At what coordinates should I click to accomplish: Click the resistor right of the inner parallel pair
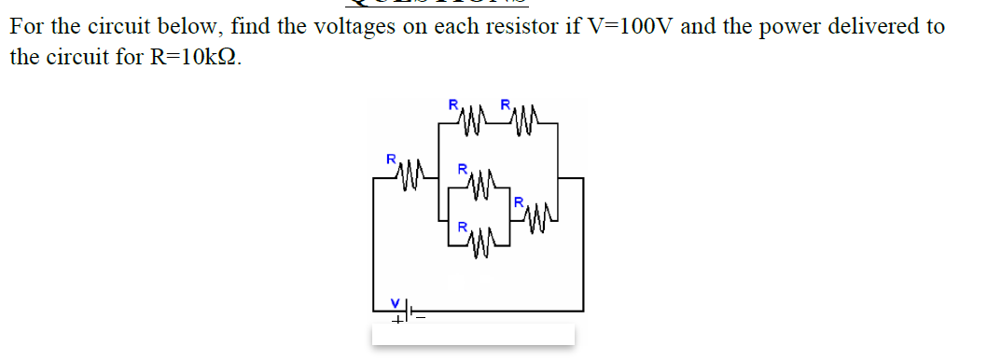pos(538,217)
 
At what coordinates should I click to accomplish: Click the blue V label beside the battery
pos(395,302)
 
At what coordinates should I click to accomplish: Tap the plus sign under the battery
pos(396,321)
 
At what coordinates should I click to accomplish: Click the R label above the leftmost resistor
pos(391,159)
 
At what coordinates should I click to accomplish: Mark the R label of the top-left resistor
pos(453,104)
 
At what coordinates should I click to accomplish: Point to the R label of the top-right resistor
pos(505,104)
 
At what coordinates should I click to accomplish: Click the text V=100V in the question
pos(631,26)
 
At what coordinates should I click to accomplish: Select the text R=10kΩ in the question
pos(199,57)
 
